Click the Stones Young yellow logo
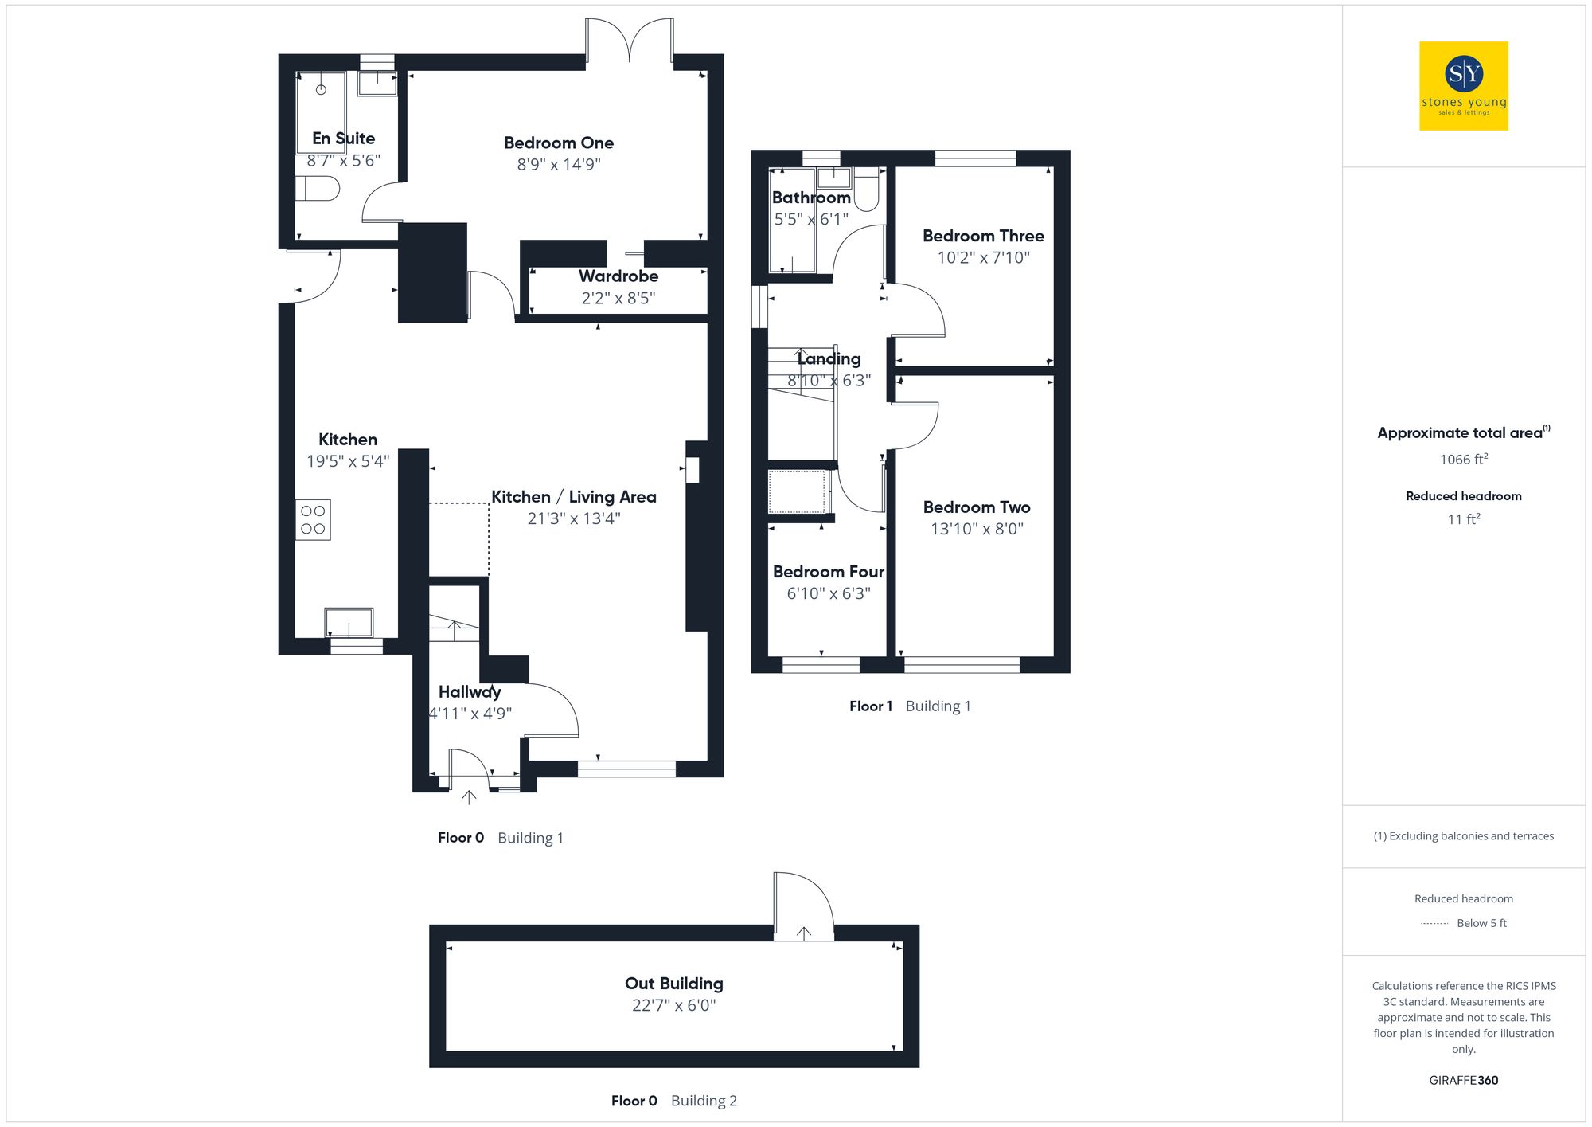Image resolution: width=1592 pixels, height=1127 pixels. (1463, 86)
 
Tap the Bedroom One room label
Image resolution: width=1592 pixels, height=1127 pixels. (558, 143)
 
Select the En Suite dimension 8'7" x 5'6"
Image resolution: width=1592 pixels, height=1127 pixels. (343, 161)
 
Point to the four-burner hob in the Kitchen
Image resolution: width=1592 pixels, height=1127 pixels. (313, 520)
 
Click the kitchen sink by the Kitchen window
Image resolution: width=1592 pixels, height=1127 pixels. (349, 622)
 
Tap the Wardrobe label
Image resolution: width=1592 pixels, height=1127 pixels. (618, 276)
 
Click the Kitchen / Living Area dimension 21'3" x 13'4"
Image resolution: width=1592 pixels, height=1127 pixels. (573, 518)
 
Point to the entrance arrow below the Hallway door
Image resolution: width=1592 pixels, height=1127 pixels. (469, 796)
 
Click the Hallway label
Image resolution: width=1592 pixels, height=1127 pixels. (469, 692)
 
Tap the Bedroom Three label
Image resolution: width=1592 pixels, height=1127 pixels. (983, 237)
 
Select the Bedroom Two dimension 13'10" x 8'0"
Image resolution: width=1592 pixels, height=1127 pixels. (977, 529)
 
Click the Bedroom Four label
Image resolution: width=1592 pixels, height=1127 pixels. (828, 572)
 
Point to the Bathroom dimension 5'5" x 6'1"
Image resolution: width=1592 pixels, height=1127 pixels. (811, 219)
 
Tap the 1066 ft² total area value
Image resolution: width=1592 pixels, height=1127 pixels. (1463, 460)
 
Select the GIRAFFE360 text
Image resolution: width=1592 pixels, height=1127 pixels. (1463, 1081)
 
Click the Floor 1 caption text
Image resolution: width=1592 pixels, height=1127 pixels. (870, 706)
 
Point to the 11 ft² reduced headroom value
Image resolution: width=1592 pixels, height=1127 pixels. (1463, 519)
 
